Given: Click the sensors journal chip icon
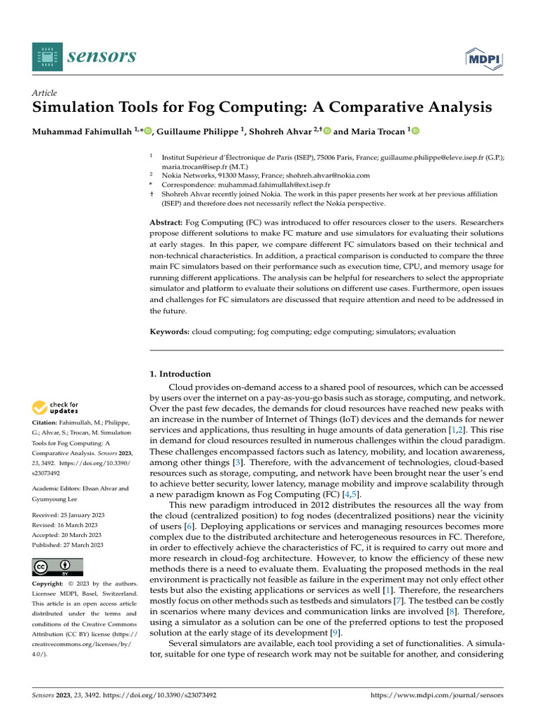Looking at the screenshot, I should tap(47, 57).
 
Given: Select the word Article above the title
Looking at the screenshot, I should tap(45, 93).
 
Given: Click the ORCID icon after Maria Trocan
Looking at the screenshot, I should tap(415, 131).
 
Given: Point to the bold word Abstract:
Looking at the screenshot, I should tap(166, 222).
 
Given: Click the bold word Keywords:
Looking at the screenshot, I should tap(170, 331).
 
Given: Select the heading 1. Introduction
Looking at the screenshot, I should tap(180, 374).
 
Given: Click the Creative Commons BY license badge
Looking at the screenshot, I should tap(57, 566).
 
